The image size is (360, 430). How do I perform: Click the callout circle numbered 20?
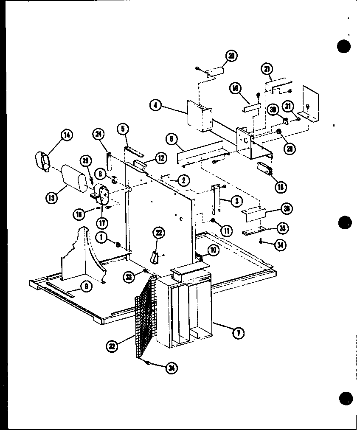pos(232,56)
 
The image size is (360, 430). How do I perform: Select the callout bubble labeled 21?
pos(268,68)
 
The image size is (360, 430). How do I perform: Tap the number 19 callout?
pos(235,88)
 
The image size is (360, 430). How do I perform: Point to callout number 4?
pos(156,105)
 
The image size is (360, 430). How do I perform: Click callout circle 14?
pos(66,135)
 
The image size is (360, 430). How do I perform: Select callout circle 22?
pos(159,233)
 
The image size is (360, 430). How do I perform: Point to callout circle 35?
pos(281,228)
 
